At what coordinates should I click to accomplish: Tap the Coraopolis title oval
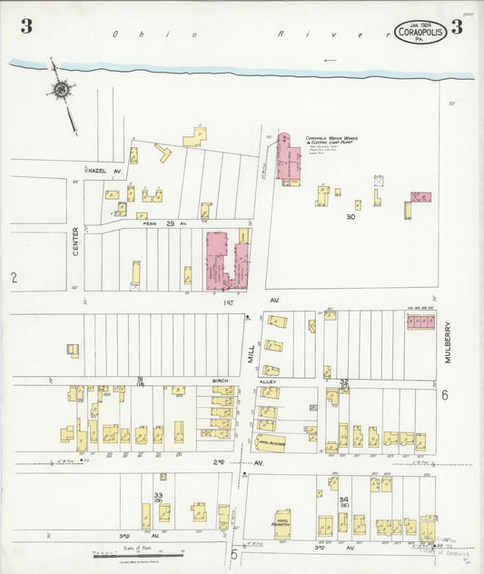(420, 33)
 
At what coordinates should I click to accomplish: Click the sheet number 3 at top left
(26, 26)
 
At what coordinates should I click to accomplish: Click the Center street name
(76, 241)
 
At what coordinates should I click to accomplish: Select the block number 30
(350, 217)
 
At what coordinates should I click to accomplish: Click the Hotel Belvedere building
(272, 442)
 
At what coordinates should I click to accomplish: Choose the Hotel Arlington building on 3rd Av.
(282, 524)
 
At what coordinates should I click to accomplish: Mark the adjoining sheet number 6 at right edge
(445, 395)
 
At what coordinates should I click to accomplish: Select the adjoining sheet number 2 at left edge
(15, 276)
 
